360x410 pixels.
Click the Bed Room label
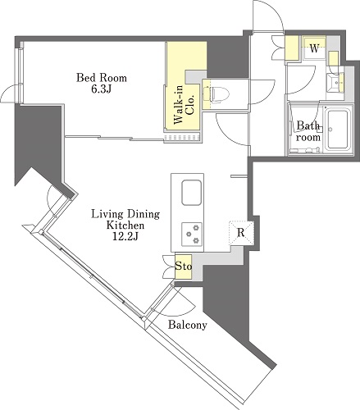tap(102, 78)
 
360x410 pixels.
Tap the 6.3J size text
tap(101, 89)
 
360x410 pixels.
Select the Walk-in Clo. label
tap(184, 105)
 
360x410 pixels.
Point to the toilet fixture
tap(216, 94)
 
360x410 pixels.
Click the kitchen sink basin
tap(192, 193)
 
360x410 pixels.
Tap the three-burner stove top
tap(192, 233)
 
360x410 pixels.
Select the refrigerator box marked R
tap(241, 233)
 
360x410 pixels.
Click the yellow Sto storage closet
tap(184, 266)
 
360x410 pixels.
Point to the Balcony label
tap(188, 325)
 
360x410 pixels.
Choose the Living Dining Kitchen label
tap(125, 220)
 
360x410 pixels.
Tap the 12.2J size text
tap(125, 236)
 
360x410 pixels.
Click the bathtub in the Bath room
tap(336, 130)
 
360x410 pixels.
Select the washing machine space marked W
tap(314, 48)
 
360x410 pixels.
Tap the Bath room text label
tap(308, 131)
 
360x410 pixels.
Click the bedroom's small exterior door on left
tap(10, 93)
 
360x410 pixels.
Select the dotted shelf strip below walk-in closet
tap(181, 137)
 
